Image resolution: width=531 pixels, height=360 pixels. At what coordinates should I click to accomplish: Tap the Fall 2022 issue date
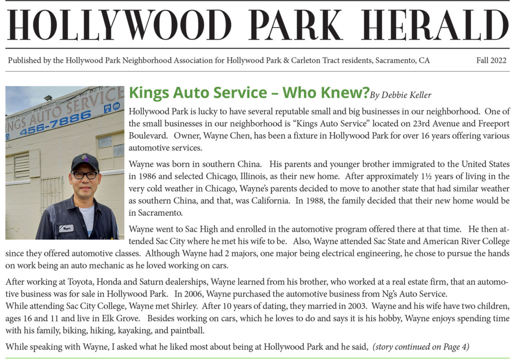coord(491,61)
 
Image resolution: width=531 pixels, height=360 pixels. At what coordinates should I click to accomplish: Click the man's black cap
coord(85,162)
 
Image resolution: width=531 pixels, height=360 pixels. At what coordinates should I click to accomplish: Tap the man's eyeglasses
coord(85,175)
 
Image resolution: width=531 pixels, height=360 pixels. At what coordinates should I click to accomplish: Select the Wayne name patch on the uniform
coord(66,228)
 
